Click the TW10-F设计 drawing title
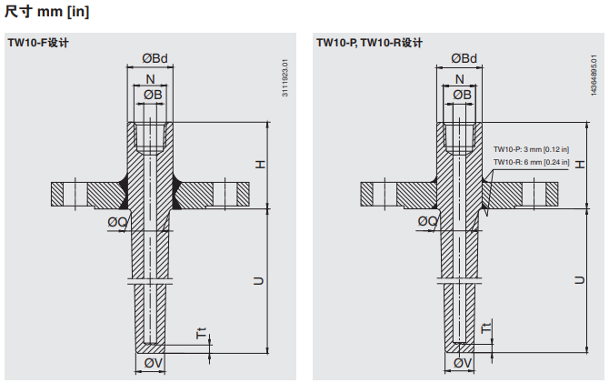[38, 43]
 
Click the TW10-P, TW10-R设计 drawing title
[369, 43]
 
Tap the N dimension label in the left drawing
[150, 79]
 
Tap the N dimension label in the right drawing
[459, 79]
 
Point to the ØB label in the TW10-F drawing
[152, 95]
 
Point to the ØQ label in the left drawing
[117, 222]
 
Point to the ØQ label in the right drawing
[427, 222]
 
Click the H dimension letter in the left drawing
[259, 164]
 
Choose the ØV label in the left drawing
[154, 364]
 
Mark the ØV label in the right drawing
[462, 364]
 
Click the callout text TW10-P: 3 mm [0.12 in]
[531, 148]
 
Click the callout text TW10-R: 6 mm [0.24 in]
[531, 162]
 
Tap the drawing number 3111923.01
[285, 78]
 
